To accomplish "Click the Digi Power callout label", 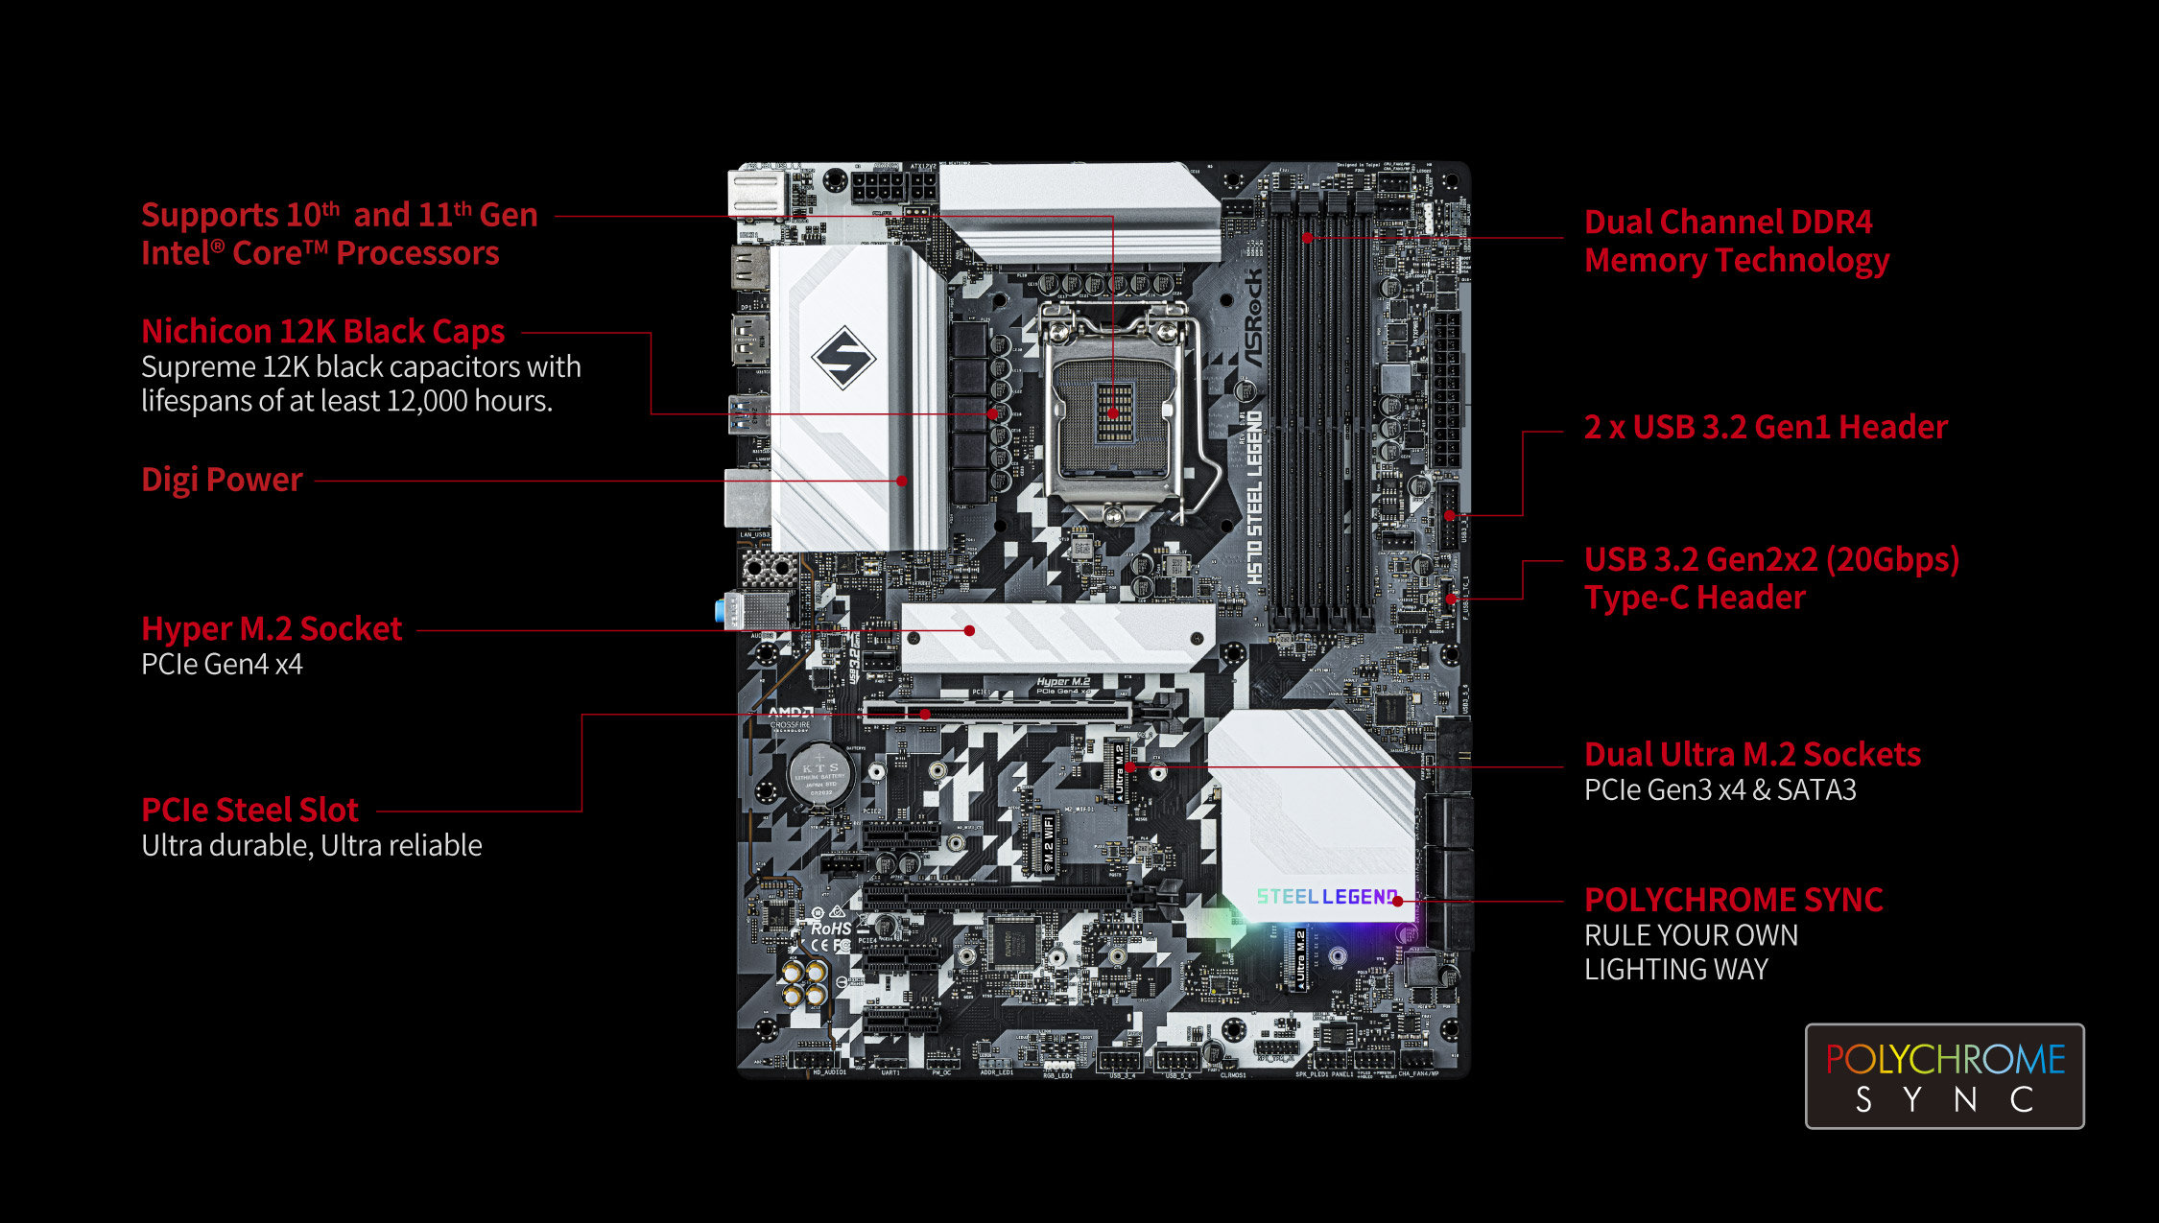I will tap(222, 480).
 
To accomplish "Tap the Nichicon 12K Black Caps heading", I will tap(322, 331).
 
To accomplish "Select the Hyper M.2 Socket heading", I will tap(272, 628).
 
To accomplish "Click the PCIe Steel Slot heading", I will tap(249, 810).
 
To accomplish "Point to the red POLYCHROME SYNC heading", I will tap(1733, 900).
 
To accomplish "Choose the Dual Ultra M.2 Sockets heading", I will tap(1752, 754).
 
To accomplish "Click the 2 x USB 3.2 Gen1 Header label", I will tap(1766, 427).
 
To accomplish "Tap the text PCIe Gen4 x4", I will tap(222, 664).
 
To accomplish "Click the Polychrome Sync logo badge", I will tap(1944, 1076).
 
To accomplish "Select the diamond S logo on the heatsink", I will tap(843, 358).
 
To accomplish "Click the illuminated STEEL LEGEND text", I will tap(1327, 897).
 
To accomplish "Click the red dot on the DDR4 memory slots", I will tap(1307, 237).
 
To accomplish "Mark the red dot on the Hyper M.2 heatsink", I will tap(970, 630).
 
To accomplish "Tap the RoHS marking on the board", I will tap(830, 929).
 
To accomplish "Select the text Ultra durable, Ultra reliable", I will tap(311, 845).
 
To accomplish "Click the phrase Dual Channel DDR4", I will tap(1727, 223).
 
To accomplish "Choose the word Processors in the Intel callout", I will tap(417, 253).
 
